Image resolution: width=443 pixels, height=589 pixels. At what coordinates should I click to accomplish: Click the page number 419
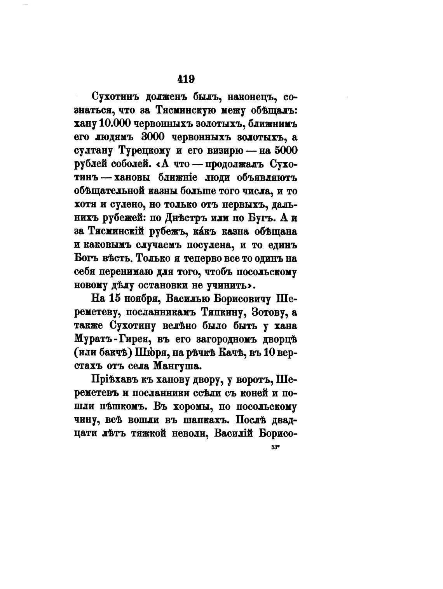186,79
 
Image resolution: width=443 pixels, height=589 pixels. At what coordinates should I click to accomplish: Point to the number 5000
285,150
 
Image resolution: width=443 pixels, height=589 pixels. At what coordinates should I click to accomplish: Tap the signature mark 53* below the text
276,447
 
